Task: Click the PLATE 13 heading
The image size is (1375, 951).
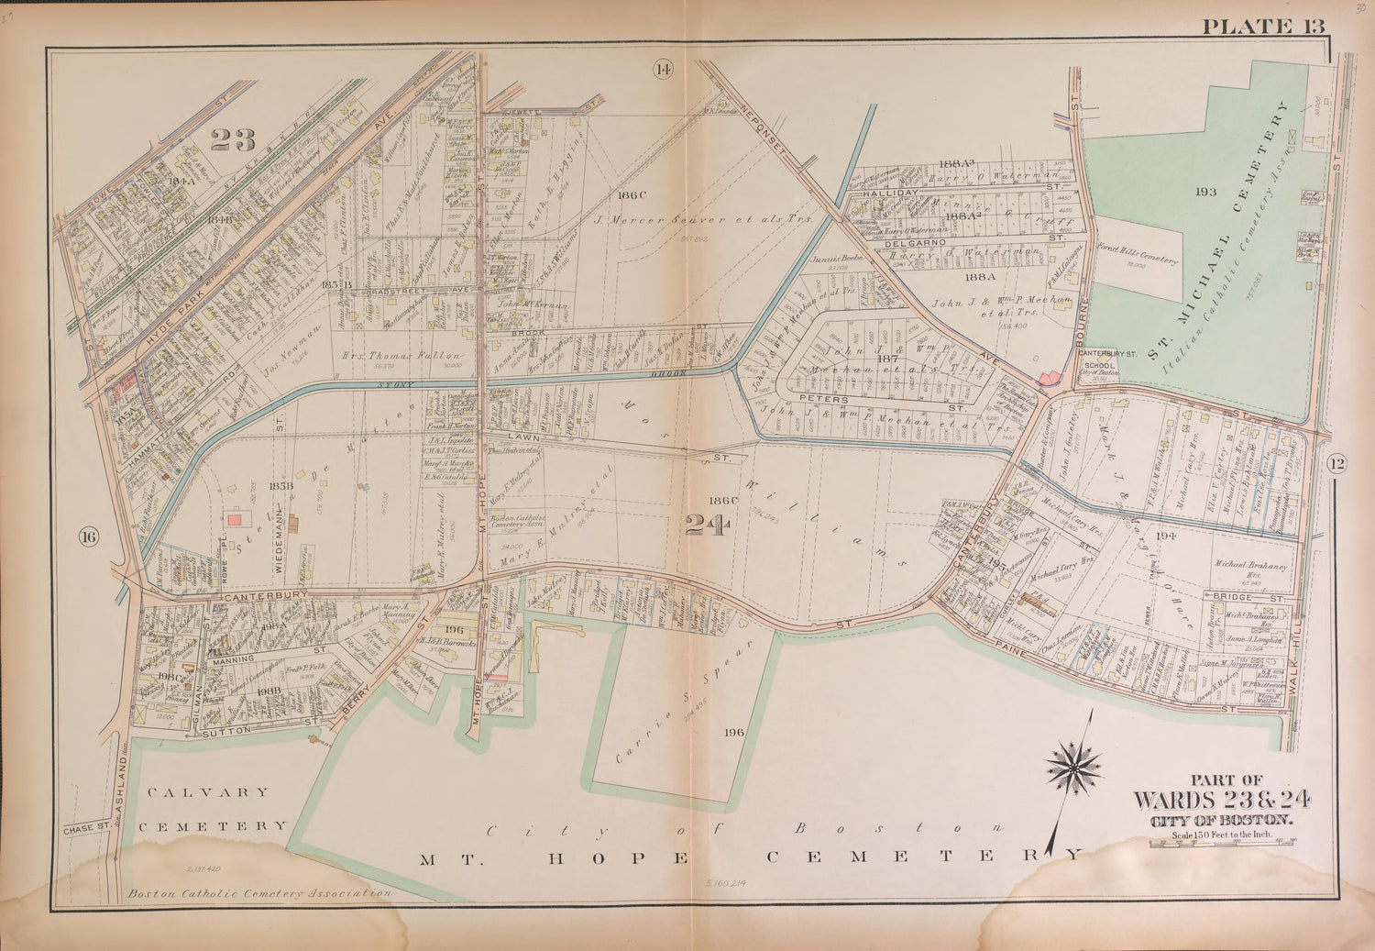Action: pyautogui.click(x=1263, y=26)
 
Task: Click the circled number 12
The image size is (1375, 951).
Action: pyautogui.click(x=1335, y=465)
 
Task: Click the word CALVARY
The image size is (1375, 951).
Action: pyautogui.click(x=203, y=791)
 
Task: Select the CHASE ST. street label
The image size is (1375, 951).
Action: pyautogui.click(x=87, y=830)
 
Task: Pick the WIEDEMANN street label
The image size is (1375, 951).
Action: pyautogui.click(x=277, y=548)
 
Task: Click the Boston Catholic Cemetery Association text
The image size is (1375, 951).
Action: pyautogui.click(x=259, y=893)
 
